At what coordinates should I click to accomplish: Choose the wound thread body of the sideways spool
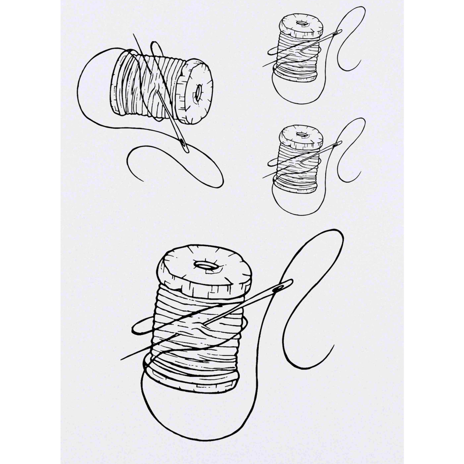(x=147, y=85)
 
